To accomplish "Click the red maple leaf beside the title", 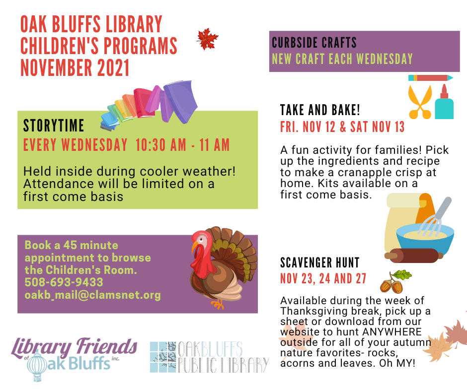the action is point(208,39).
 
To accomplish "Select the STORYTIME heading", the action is point(54,125).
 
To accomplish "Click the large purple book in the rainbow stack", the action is point(179,101).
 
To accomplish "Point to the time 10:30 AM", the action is point(161,145).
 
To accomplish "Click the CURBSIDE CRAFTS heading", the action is point(314,43).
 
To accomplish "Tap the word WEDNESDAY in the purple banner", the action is point(385,59).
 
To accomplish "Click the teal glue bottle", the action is point(444,102).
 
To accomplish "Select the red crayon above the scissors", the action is point(431,78).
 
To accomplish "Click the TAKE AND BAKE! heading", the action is point(320,110).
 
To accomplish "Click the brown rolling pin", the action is point(414,256).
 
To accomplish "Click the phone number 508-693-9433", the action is point(64,282).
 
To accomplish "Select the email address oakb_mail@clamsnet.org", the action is point(92,295).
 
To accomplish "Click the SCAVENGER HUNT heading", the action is point(320,262).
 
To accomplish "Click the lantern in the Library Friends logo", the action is point(37,366).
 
